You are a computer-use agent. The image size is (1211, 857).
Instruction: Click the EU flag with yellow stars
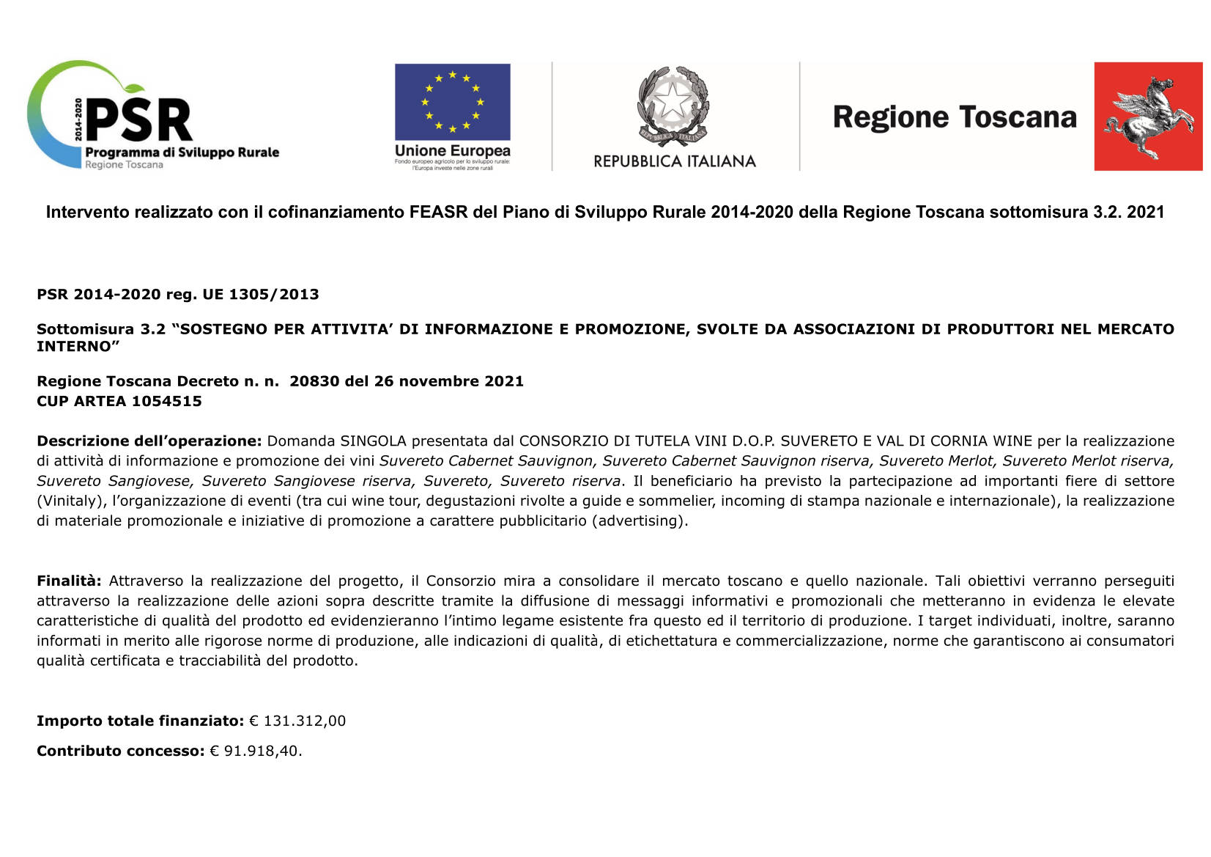pos(452,102)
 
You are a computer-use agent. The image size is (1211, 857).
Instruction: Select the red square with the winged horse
pos(1147,117)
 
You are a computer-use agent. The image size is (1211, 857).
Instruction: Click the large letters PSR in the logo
pos(139,121)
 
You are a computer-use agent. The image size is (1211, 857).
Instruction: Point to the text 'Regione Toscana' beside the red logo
pos(954,117)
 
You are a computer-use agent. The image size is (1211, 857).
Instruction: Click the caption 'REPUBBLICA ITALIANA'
pos(674,161)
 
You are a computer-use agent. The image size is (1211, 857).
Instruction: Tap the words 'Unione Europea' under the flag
pos(452,151)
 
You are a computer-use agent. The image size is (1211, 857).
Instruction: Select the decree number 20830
pos(314,381)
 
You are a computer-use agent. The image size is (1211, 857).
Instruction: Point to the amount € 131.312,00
pos(297,721)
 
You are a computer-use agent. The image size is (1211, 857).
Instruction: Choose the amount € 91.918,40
pos(255,751)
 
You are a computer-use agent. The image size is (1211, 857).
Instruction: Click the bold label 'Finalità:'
pos(69,581)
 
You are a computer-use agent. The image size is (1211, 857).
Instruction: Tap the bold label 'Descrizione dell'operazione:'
pos(149,441)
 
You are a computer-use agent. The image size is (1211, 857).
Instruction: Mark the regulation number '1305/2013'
pos(273,295)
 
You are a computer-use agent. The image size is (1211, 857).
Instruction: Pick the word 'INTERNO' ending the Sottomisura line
pos(74,346)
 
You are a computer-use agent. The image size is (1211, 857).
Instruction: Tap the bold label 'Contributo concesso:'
pos(120,751)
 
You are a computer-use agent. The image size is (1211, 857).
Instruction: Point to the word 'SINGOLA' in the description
pos(369,441)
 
